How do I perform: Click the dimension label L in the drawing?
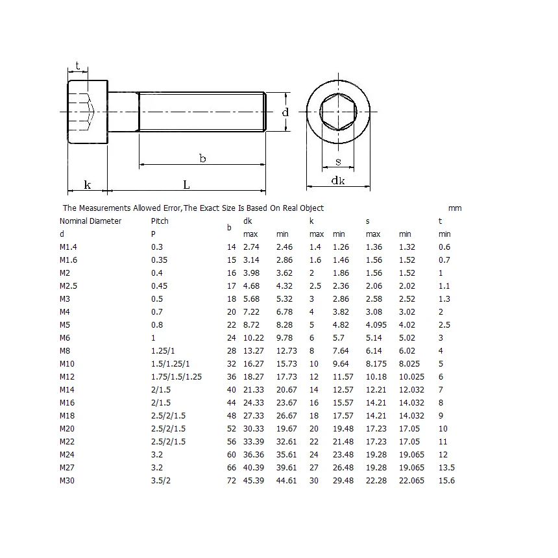pos(186,185)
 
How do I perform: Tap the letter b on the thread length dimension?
pos(202,158)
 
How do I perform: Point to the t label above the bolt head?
pos(78,66)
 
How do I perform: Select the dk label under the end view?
pos(338,181)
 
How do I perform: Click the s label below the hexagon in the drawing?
pos(338,162)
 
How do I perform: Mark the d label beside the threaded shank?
pos(285,112)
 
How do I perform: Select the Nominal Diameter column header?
pos(90,221)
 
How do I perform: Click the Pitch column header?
pos(160,221)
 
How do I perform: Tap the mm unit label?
pos(455,208)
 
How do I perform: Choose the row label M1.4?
pos(68,247)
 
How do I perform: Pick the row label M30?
pos(67,480)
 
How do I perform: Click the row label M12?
pos(67,376)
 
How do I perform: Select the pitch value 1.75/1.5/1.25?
pos(176,376)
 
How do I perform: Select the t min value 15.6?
pos(446,480)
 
